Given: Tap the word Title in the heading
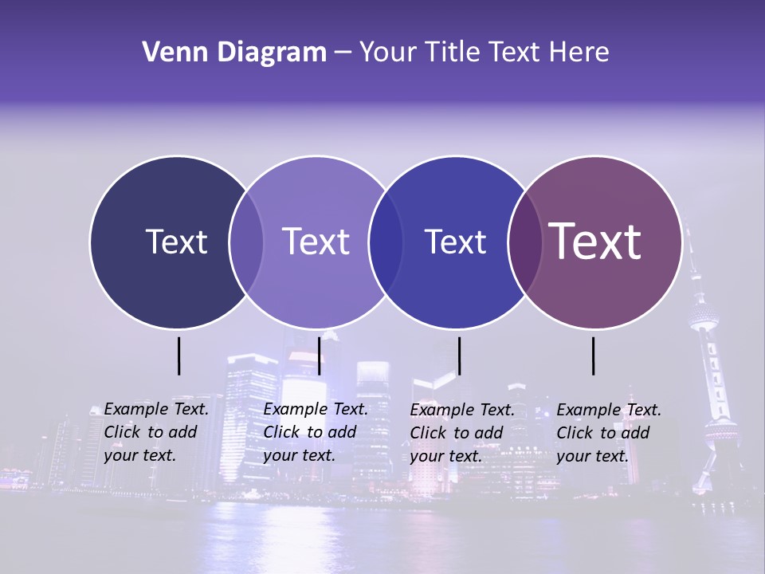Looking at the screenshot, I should coord(457,53).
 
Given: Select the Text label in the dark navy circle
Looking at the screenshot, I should coord(176,242).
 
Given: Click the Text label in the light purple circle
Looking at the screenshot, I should coord(316,242).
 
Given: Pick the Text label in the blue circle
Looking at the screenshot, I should coord(455,242).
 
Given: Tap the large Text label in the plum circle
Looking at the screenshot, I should coord(595,241).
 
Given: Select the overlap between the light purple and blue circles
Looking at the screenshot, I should coord(386,242).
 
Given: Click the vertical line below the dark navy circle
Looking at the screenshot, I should coord(179,356).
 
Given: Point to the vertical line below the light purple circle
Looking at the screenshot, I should coord(319,356).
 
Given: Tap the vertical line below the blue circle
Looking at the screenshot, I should coord(459,356).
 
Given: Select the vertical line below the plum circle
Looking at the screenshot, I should coord(593,356).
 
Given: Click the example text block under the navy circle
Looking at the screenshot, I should coord(155,432).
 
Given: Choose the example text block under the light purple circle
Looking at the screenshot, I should coord(315,432).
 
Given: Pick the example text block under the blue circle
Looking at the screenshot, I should coord(461,433).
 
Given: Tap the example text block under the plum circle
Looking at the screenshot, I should coord(608,433).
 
